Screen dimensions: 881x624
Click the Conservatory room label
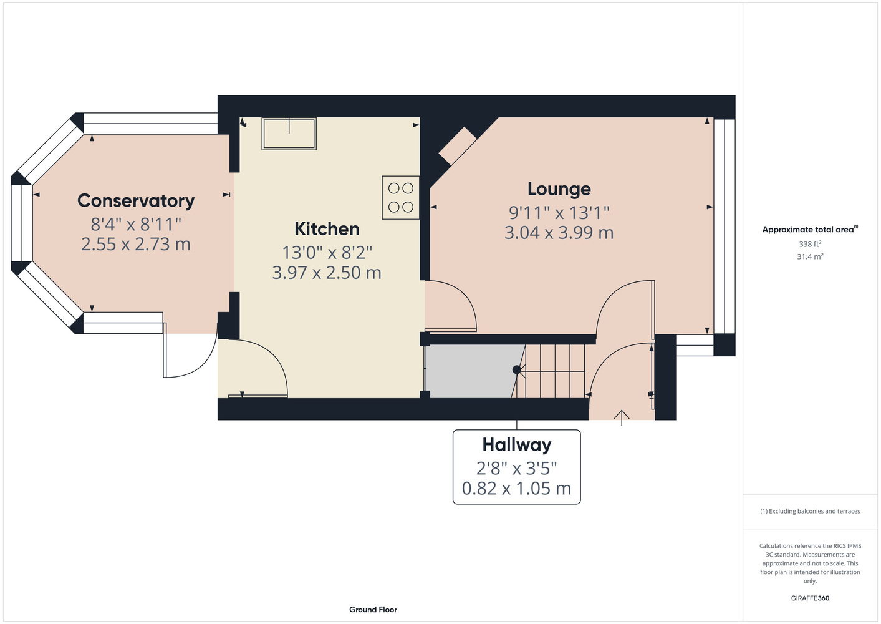(x=136, y=201)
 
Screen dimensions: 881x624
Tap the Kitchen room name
(x=327, y=229)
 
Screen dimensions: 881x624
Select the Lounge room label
(x=559, y=189)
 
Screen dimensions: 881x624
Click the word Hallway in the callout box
(x=517, y=446)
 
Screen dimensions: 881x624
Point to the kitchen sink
(x=289, y=134)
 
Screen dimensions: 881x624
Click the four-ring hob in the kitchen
(x=400, y=197)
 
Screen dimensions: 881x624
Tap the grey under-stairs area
(x=475, y=371)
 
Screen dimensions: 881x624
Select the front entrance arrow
(x=622, y=417)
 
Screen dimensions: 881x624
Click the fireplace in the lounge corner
(x=458, y=145)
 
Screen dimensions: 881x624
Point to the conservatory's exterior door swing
(x=190, y=351)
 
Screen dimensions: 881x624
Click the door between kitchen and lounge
(x=451, y=306)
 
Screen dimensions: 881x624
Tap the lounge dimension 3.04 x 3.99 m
(x=559, y=233)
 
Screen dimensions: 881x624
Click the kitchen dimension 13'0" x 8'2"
(x=327, y=253)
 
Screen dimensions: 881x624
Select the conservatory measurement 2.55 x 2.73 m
(x=136, y=244)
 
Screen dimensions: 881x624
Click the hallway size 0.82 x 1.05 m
(x=516, y=489)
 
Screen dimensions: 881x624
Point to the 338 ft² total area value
(x=810, y=244)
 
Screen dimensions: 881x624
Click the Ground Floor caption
(x=373, y=610)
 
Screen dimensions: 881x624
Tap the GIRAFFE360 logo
(x=810, y=598)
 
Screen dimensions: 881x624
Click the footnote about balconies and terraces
(x=810, y=511)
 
